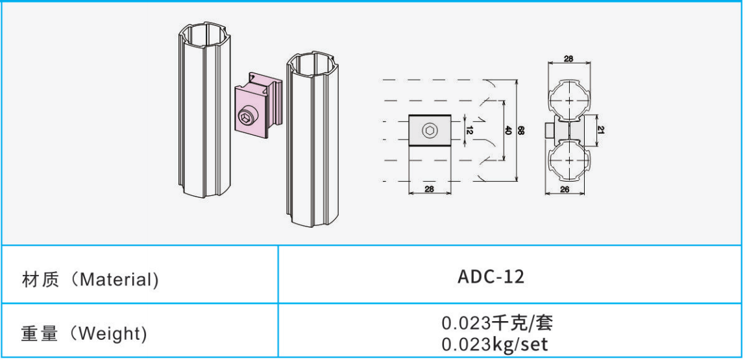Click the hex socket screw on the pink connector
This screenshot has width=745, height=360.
pyautogui.click(x=247, y=117)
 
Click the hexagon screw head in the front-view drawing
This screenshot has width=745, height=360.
pyautogui.click(x=430, y=130)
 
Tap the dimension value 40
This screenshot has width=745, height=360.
pyautogui.click(x=506, y=130)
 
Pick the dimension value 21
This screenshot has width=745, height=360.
pyautogui.click(x=600, y=130)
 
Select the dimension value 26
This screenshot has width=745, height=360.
pyautogui.click(x=565, y=189)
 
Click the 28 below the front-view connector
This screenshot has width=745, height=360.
pyautogui.click(x=430, y=189)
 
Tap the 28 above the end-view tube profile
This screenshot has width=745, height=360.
pyautogui.click(x=568, y=58)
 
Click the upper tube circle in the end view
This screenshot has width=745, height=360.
pyautogui.click(x=568, y=100)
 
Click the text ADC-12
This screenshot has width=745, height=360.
pyautogui.click(x=491, y=277)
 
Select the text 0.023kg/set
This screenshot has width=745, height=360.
pyautogui.click(x=495, y=344)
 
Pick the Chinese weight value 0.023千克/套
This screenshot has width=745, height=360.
pyautogui.click(x=498, y=324)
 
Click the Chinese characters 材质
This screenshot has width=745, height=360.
pyautogui.click(x=40, y=280)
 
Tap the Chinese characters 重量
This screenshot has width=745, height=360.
pyautogui.click(x=40, y=334)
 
